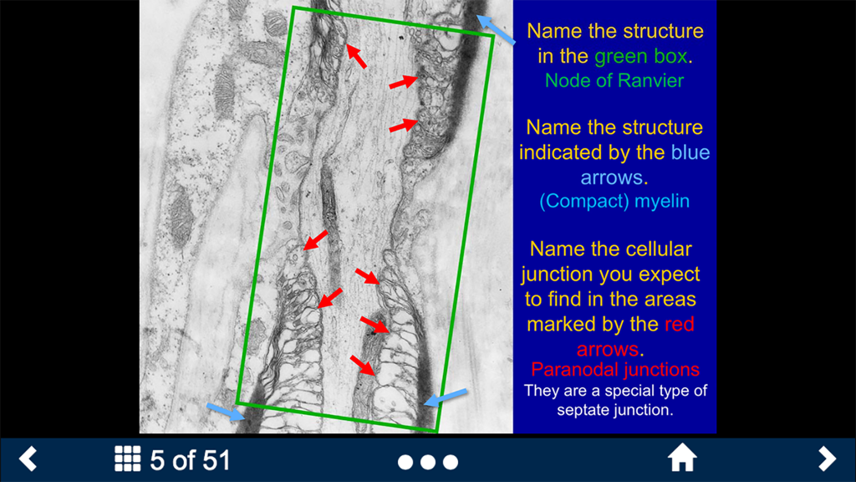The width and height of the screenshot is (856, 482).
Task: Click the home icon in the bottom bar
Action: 682,459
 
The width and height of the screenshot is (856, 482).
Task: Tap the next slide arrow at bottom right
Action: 827,459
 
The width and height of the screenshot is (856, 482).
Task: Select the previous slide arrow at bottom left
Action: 28,459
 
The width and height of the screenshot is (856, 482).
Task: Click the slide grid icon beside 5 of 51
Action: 127,459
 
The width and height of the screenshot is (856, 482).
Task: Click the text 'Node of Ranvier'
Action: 614,80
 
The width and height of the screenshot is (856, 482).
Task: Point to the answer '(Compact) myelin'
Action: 614,202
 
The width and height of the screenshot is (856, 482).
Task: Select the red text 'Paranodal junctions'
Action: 615,369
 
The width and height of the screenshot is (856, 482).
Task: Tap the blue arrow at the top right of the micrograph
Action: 496,28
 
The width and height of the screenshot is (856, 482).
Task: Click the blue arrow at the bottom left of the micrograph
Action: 226,411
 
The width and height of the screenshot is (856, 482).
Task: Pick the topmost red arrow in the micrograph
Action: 357,56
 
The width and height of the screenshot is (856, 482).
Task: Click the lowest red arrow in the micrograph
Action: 362,365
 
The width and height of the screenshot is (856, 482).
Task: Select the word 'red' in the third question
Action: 679,324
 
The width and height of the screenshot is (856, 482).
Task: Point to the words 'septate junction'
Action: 614,411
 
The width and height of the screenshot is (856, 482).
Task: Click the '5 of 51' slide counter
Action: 190,459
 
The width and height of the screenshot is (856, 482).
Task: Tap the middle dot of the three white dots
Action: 428,462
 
